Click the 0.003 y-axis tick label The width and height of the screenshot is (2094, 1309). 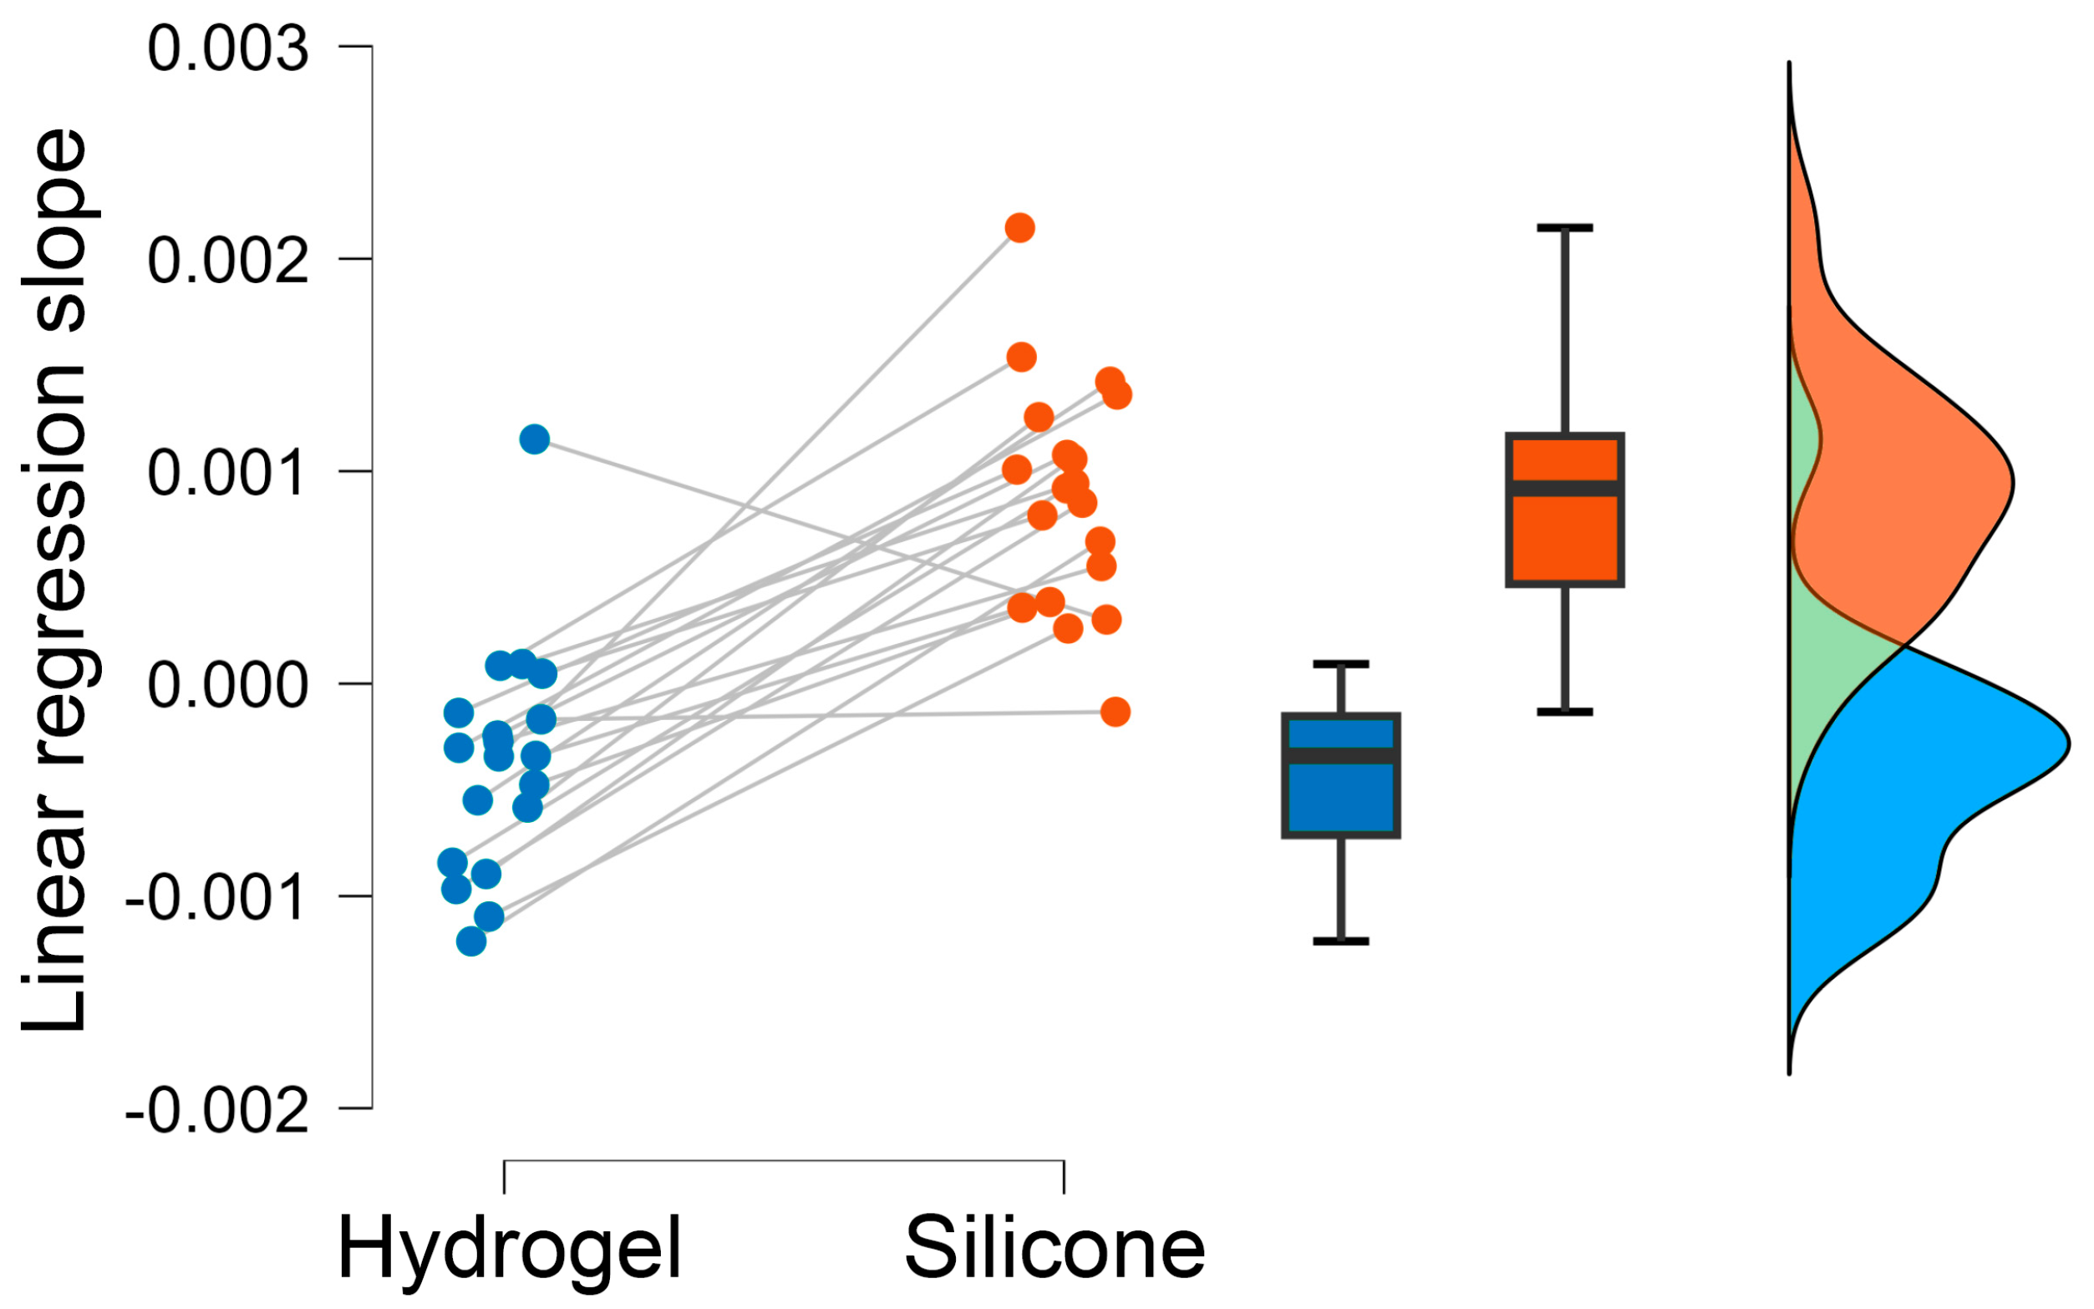pyautogui.click(x=228, y=48)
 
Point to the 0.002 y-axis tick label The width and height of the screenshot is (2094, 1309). pyautogui.click(x=228, y=261)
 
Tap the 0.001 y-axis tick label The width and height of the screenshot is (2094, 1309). pyautogui.click(x=228, y=474)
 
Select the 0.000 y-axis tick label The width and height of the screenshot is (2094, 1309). pyautogui.click(x=228, y=686)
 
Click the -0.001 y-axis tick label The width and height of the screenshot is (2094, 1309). pyautogui.click(x=216, y=898)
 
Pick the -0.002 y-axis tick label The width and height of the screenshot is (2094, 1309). pyautogui.click(x=216, y=1111)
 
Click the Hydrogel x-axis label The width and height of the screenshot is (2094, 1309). pyautogui.click(x=509, y=1249)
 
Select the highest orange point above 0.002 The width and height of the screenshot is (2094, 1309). pyautogui.click(x=1019, y=229)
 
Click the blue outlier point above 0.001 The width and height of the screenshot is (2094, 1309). pyautogui.click(x=534, y=439)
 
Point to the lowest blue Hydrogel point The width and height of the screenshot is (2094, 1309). pyautogui.click(x=471, y=941)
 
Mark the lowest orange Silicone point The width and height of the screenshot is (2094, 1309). pyautogui.click(x=1116, y=712)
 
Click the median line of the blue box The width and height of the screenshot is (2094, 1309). pyautogui.click(x=1340, y=756)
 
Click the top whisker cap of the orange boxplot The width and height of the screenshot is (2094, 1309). pyautogui.click(x=1565, y=228)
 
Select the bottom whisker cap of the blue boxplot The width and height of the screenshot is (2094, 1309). pyautogui.click(x=1340, y=941)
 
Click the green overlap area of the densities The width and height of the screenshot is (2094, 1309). pyautogui.click(x=1827, y=658)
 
